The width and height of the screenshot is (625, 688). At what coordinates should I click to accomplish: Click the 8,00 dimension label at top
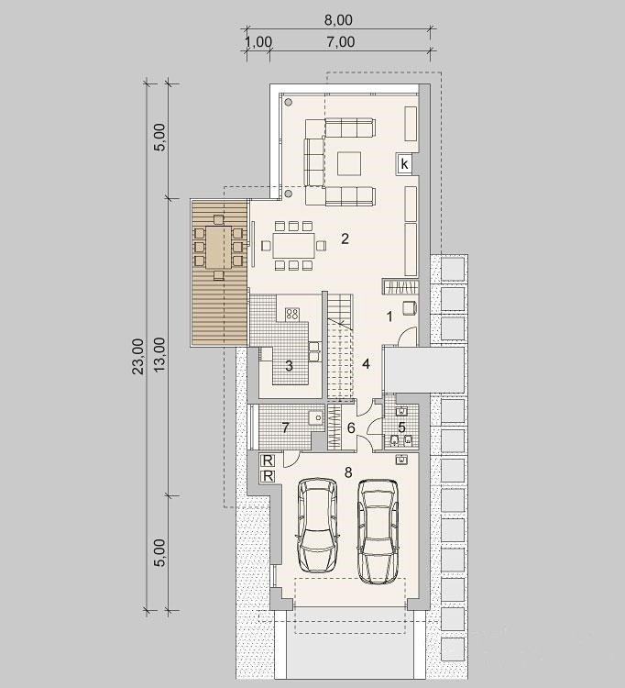point(339,20)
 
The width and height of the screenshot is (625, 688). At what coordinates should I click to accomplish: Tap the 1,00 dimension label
point(258,42)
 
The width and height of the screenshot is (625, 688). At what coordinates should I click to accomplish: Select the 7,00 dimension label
point(341,42)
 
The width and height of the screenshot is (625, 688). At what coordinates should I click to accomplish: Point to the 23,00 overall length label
point(138,356)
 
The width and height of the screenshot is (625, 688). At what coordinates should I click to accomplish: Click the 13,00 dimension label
point(160,354)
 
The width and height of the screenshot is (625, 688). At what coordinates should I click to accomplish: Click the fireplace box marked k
point(404,164)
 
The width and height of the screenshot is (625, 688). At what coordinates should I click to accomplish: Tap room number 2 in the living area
point(345,239)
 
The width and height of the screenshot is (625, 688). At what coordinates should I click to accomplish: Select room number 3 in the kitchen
point(289,365)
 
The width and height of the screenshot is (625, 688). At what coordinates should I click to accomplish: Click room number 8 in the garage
point(348,472)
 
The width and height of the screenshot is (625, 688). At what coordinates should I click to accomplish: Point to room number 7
point(286,427)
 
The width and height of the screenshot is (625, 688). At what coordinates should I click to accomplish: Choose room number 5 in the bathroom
point(401,427)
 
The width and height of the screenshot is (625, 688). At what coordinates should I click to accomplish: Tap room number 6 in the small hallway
point(351,427)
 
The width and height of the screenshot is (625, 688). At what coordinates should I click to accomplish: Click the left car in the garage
point(318,525)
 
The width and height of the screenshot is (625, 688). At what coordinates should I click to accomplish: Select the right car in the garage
point(378,531)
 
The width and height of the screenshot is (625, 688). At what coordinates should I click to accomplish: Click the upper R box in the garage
point(268,461)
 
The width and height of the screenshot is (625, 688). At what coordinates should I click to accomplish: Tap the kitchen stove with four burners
point(292,314)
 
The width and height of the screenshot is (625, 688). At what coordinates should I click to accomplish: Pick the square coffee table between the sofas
point(349,163)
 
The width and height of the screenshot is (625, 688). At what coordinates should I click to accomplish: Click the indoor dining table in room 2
point(293,245)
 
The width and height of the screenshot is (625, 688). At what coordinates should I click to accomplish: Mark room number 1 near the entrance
point(389,316)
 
